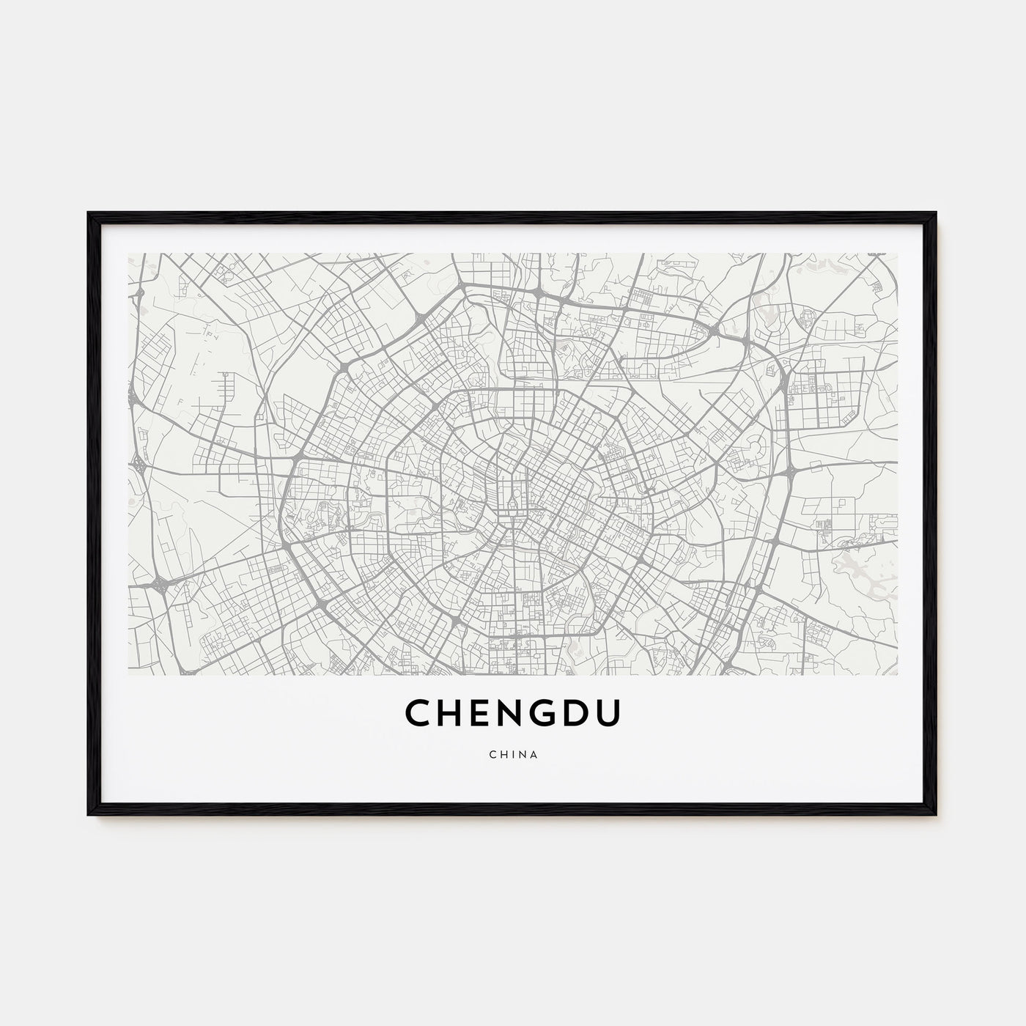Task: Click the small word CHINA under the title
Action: (513, 754)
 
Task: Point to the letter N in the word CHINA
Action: (523, 754)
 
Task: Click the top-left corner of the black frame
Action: (89, 213)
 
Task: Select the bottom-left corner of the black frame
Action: (89, 815)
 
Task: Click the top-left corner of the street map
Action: (129, 254)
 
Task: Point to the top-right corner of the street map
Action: (897, 254)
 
